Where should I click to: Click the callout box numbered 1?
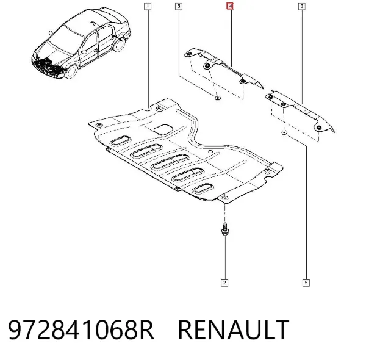(147, 6)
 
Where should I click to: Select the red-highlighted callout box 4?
(230, 6)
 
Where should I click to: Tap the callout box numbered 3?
(302, 6)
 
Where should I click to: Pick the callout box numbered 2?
(224, 283)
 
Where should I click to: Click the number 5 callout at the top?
(179, 6)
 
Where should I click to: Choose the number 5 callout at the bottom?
(306, 283)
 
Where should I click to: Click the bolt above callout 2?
(224, 229)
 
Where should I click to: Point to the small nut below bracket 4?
(218, 98)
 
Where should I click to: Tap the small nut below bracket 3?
(284, 132)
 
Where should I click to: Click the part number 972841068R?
(81, 330)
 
